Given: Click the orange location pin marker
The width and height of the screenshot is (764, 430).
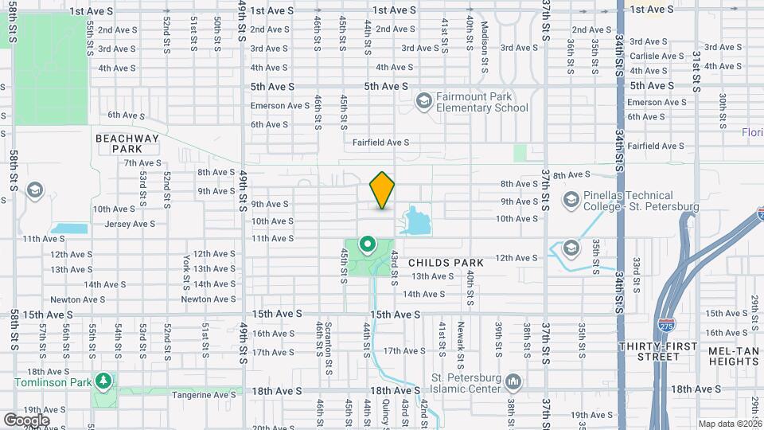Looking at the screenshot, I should tap(383, 190).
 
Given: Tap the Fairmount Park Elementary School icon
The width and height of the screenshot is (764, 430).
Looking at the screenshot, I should tap(423, 100).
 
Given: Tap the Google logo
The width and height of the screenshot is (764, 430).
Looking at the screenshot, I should tap(26, 420).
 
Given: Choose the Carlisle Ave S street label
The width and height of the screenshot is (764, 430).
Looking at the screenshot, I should tap(657, 57).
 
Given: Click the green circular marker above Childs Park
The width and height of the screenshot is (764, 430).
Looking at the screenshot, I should tap(367, 244).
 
